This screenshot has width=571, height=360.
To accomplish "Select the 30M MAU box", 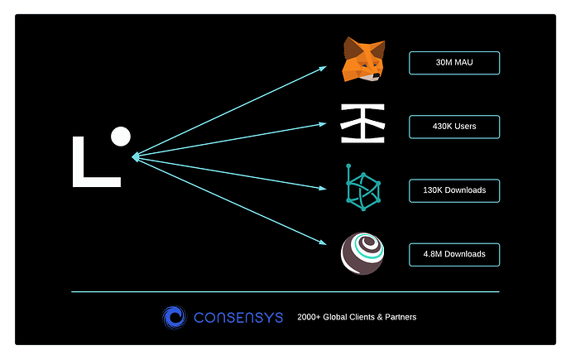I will (453, 63).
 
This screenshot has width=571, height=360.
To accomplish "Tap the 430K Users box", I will (453, 127).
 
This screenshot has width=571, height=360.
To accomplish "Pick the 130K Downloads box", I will (453, 190).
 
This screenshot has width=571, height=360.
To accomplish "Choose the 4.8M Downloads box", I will (453, 253).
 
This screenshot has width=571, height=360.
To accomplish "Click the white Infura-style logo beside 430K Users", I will (363, 125).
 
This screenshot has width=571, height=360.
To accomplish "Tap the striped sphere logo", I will (362, 253).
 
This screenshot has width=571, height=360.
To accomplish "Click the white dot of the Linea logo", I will (120, 136).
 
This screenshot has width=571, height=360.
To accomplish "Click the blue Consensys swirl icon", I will (175, 317).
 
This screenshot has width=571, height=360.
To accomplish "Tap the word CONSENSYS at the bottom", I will (238, 318).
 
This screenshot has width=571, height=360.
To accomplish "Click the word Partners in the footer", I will (398, 318).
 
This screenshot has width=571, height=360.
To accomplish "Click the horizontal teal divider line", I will (285, 291).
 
